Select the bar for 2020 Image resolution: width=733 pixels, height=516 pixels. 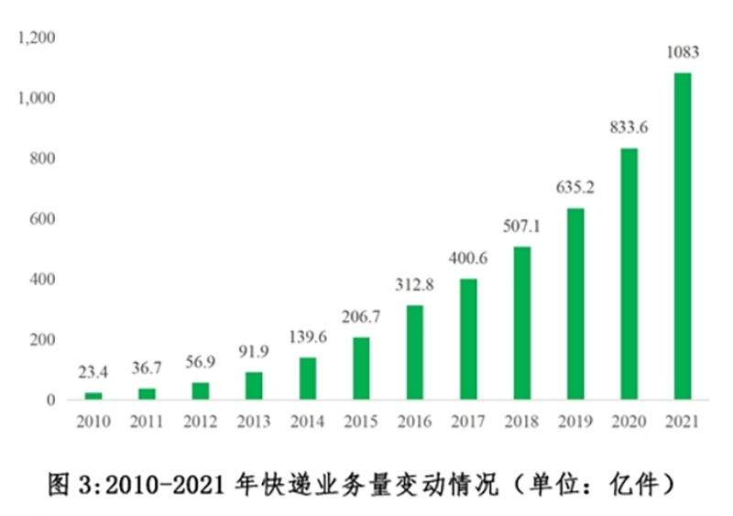629,274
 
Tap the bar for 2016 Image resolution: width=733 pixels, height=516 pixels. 415,352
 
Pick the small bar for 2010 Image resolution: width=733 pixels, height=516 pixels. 93,396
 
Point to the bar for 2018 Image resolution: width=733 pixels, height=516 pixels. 521,323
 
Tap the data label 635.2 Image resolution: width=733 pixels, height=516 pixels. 575,188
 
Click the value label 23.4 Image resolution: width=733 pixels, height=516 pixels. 93,373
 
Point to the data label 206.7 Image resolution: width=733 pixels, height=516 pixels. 361,317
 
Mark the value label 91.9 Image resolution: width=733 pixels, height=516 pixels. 254,351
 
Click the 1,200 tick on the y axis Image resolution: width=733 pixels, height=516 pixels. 36,38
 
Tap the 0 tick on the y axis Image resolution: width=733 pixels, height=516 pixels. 51,401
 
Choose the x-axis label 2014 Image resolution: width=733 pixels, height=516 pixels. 308,422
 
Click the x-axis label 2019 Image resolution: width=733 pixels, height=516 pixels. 575,422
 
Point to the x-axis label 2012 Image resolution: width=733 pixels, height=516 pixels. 201,422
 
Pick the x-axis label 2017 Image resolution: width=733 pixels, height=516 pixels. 468,422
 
